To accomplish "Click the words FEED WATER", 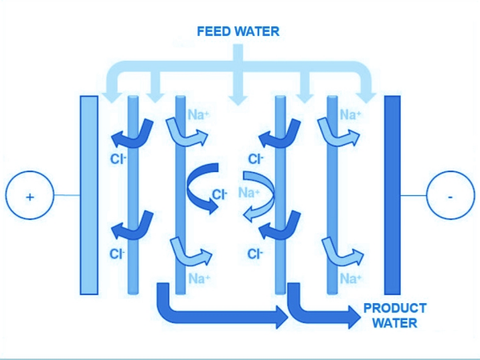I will [238, 32].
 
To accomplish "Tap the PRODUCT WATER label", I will [394, 315].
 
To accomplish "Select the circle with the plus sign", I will [30, 195].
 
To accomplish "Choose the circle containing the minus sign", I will [450, 195].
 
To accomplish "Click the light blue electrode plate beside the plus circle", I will [89, 194].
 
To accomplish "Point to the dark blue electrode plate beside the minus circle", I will [392, 194].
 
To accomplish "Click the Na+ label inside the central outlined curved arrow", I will [250, 192].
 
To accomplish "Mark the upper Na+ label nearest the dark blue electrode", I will [350, 114].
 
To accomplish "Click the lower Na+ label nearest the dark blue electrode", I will [350, 278].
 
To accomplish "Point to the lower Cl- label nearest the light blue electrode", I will [117, 254].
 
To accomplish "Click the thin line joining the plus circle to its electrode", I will [66, 195].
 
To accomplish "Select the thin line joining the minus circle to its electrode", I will [413, 195].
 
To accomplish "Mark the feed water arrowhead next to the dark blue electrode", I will [367, 95].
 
